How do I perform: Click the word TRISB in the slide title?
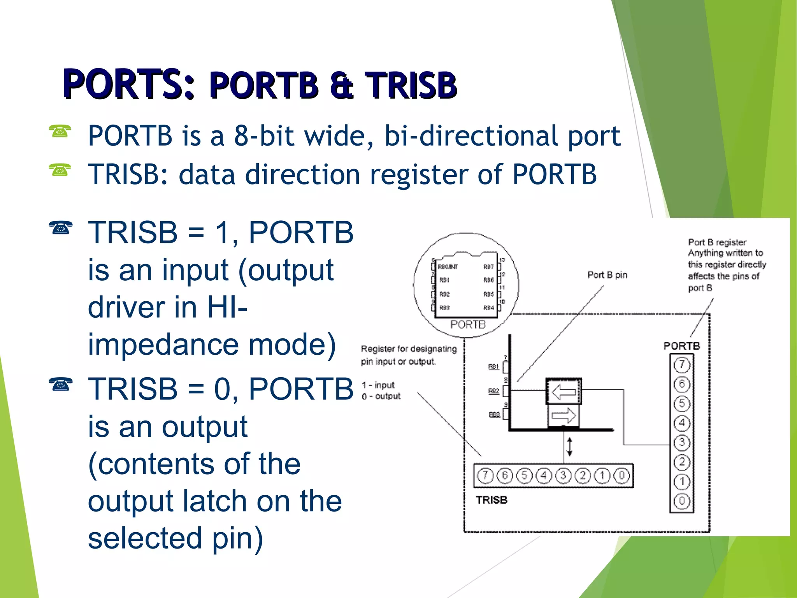point(411,85)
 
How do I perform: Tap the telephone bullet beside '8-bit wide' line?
point(60,132)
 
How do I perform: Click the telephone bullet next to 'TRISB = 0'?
point(61,385)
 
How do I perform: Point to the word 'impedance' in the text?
point(163,345)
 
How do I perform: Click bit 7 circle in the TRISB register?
point(485,475)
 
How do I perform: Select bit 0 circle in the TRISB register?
point(621,475)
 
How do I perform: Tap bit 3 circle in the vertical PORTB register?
point(682,443)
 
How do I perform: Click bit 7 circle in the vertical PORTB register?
point(682,365)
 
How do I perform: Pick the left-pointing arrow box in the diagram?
point(564,391)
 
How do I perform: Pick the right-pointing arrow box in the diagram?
point(564,415)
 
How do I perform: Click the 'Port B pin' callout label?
point(607,275)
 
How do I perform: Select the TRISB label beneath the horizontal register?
point(492,500)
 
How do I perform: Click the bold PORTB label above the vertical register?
point(681,346)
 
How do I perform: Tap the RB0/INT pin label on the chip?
point(448,267)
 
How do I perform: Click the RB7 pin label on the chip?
point(488,267)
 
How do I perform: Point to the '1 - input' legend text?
point(378,385)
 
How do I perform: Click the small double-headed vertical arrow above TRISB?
point(569,447)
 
